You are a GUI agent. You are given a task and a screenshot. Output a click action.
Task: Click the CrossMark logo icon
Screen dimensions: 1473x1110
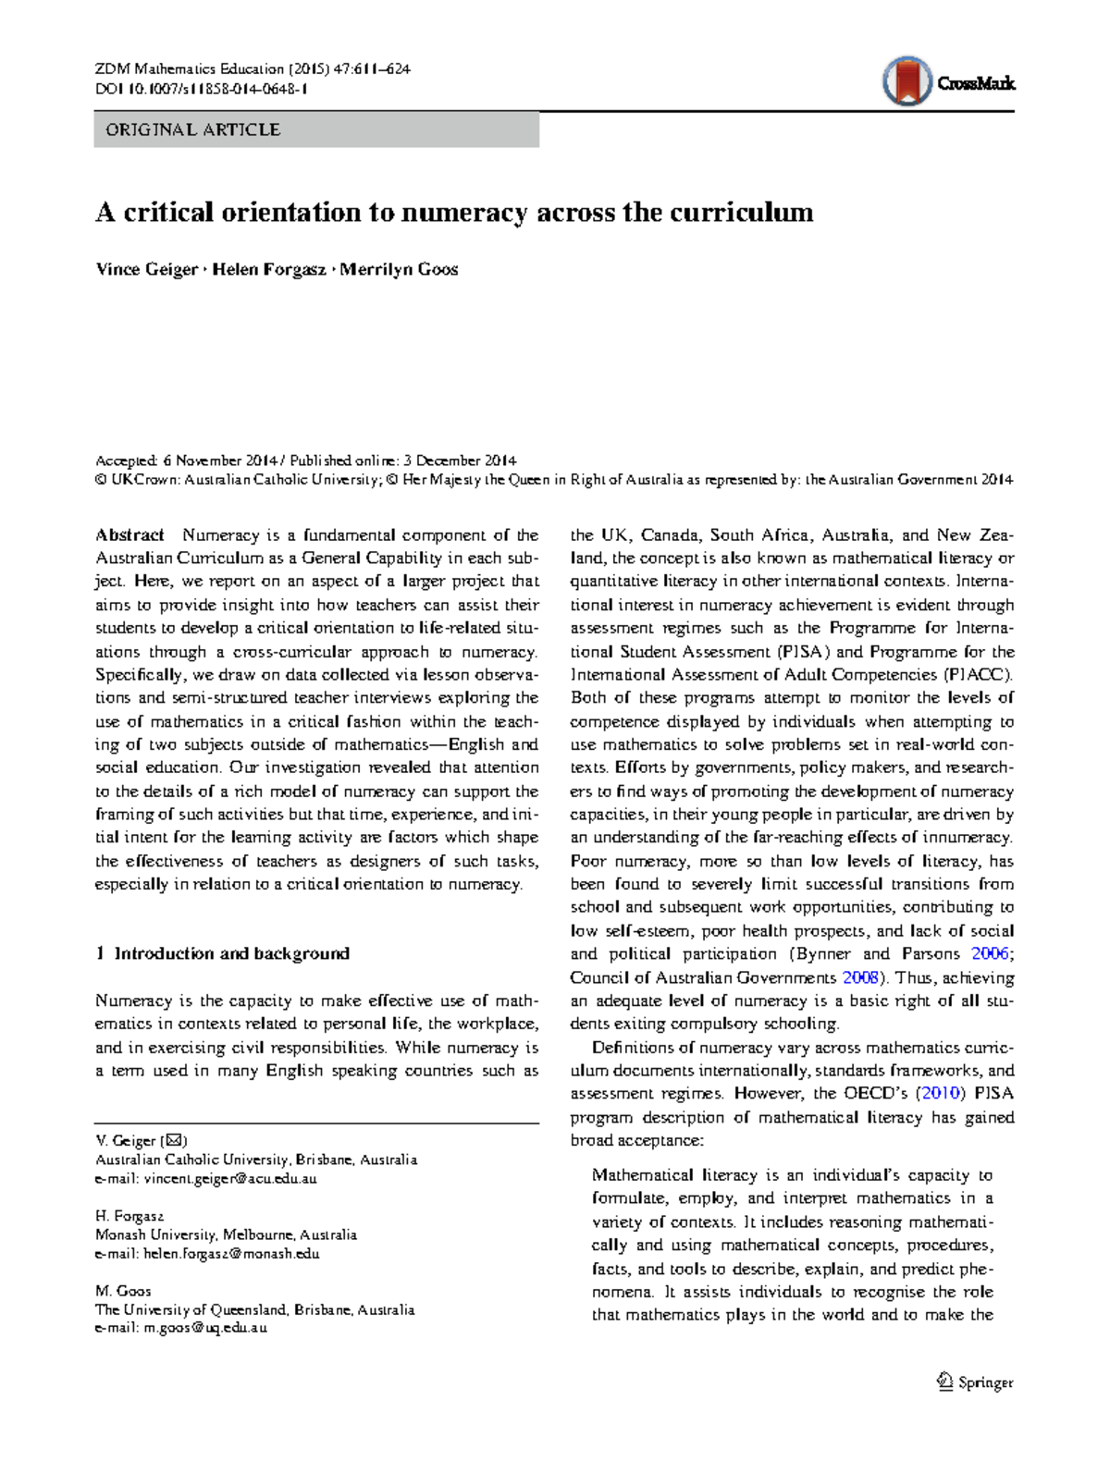pyautogui.click(x=907, y=81)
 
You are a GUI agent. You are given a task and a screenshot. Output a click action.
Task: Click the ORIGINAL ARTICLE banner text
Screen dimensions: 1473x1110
pyautogui.click(x=192, y=130)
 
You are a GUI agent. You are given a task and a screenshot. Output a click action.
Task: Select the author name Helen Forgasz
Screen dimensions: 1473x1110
pyautogui.click(x=269, y=270)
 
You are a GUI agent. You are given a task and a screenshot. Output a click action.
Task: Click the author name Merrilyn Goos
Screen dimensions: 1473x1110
pyautogui.click(x=399, y=270)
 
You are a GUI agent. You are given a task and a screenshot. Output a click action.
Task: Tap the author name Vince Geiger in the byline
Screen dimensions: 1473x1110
pyautogui.click(x=146, y=270)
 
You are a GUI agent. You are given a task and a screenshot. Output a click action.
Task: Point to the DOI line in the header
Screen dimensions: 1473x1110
pyautogui.click(x=201, y=90)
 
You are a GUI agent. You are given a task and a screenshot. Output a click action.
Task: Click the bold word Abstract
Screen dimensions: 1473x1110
pyautogui.click(x=129, y=535)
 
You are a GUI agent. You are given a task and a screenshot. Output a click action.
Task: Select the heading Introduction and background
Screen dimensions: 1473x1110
pyautogui.click(x=231, y=953)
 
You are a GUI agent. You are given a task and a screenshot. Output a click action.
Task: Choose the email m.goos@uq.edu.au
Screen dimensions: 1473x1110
pyautogui.click(x=204, y=1328)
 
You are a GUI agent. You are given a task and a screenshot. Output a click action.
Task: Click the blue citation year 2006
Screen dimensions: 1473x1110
pyautogui.click(x=990, y=954)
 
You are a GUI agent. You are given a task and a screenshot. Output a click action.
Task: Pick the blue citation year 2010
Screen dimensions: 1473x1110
pyautogui.click(x=940, y=1094)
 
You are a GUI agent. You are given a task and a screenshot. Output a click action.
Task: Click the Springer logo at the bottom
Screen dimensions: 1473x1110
pyautogui.click(x=975, y=1382)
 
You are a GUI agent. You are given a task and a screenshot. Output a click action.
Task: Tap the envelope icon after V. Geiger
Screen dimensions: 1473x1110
pyautogui.click(x=173, y=1141)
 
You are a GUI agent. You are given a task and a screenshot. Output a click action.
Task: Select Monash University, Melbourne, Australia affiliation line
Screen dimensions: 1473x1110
pyautogui.click(x=226, y=1235)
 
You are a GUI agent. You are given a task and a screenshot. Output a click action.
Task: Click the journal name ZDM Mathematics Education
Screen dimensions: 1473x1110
pyautogui.click(x=190, y=69)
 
